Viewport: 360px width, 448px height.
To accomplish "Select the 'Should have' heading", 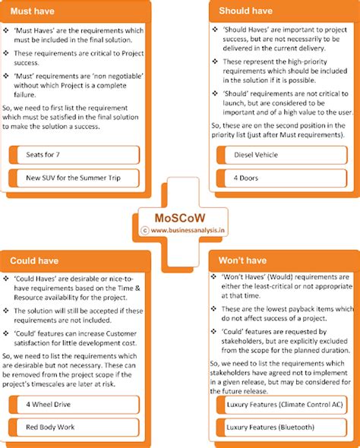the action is point(246,11).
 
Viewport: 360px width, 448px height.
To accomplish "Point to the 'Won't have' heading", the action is point(242,260).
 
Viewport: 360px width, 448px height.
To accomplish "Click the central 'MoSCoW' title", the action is point(179,215).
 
